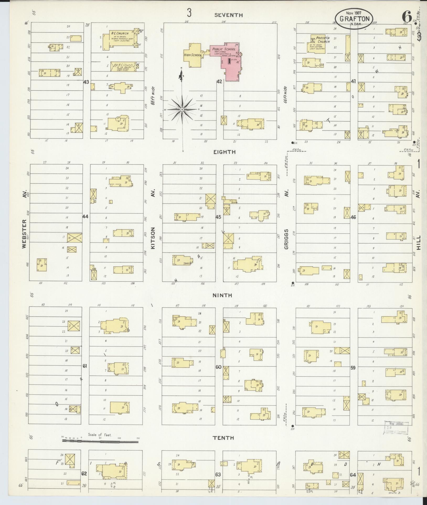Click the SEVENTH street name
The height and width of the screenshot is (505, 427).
click(229, 15)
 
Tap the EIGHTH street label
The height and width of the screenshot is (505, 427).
click(225, 152)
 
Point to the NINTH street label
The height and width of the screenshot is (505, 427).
click(222, 295)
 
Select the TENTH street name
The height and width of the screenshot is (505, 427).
click(223, 438)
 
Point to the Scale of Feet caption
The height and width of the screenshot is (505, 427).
click(100, 435)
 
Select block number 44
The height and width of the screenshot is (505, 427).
click(85, 216)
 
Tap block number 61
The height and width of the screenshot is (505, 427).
click(85, 366)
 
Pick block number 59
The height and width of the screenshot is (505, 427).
click(353, 368)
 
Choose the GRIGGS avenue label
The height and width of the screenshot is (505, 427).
click(286, 239)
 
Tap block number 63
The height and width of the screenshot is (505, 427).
click(218, 475)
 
